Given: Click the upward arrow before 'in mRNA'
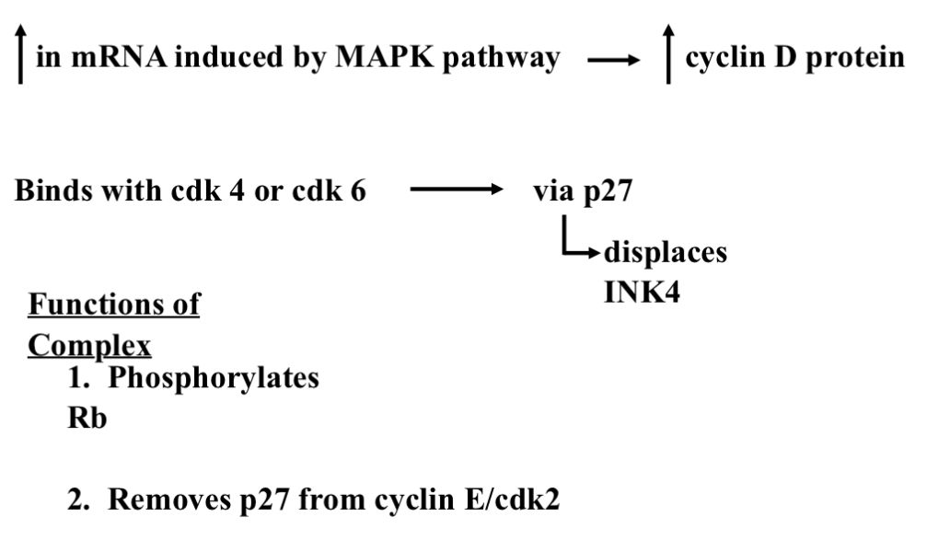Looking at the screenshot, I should click(x=19, y=58).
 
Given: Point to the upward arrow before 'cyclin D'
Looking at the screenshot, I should click(x=669, y=58).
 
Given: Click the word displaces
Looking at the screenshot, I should click(x=664, y=252).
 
